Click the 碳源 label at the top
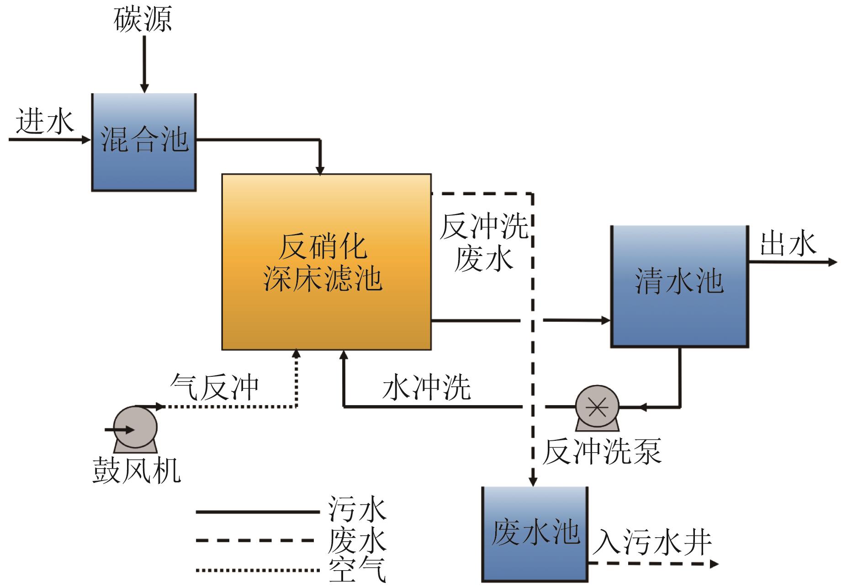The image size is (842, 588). point(143,20)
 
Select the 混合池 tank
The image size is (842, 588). point(144,142)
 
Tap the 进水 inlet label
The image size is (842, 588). point(45,122)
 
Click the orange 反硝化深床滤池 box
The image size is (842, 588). point(326,262)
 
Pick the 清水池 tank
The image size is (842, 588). point(679,286)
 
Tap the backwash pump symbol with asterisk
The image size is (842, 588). point(597,407)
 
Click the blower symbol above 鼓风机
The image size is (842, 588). point(135,428)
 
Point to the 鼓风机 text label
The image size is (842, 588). point(137,470)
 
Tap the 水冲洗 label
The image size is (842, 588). point(426,387)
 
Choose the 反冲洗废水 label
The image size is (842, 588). point(484,242)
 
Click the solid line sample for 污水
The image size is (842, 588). point(257,512)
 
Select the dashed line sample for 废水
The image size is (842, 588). point(257,540)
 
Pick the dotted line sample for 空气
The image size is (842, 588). point(257,570)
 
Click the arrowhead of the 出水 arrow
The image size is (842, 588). point(833,262)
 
